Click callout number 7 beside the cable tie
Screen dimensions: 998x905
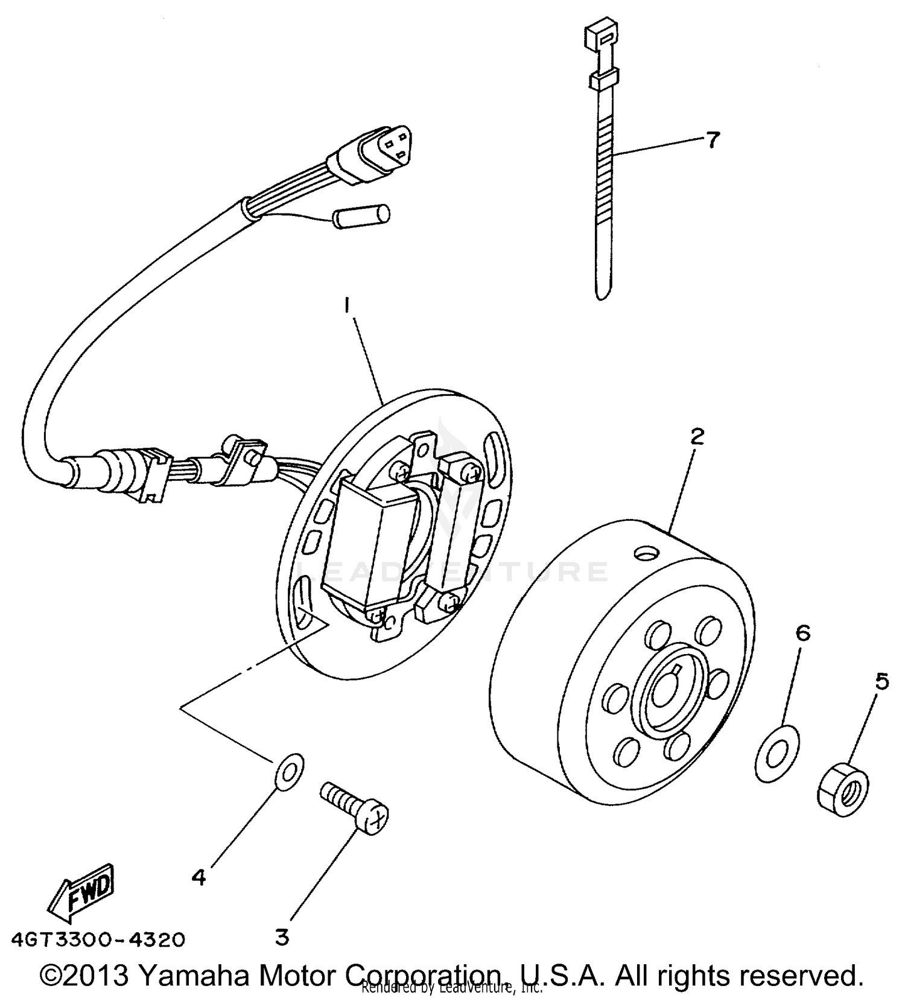tap(713, 140)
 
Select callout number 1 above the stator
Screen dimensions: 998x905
tap(347, 306)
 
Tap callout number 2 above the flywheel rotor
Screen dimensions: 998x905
tap(697, 436)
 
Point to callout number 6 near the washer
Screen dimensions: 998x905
tap(802, 633)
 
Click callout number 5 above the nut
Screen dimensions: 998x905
tap(881, 682)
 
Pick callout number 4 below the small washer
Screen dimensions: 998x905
tap(198, 877)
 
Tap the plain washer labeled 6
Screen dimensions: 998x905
tap(776, 754)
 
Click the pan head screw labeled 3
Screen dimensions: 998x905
tap(356, 807)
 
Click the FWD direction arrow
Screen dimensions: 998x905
tap(81, 894)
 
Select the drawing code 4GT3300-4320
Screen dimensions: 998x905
tap(98, 939)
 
